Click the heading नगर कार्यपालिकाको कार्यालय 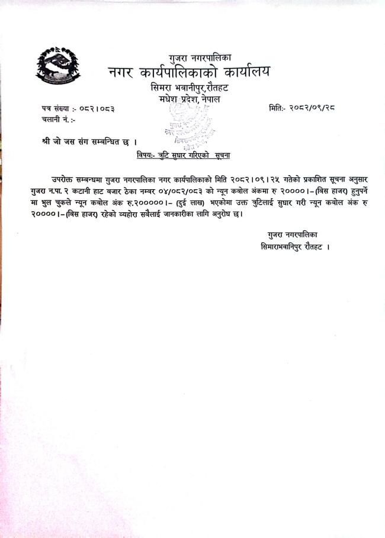tap(188, 73)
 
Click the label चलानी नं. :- tap(55, 121)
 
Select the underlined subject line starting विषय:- tap(179, 155)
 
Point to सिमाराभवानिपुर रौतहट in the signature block tap(291, 245)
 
